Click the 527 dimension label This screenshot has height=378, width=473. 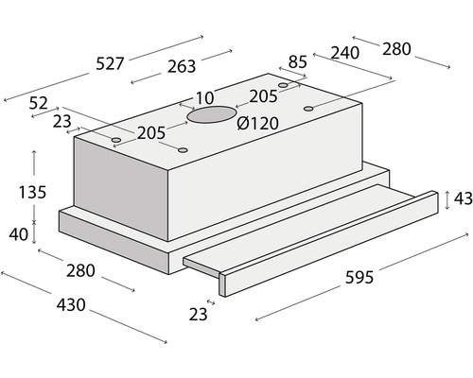click(110, 63)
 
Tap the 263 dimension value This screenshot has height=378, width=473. click(182, 66)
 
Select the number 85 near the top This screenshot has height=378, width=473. click(298, 61)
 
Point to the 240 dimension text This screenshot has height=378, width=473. click(345, 53)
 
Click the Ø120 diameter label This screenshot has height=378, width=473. click(257, 123)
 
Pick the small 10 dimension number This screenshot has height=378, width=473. click(205, 98)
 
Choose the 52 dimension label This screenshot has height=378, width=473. click(39, 103)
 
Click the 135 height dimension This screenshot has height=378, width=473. click(32, 192)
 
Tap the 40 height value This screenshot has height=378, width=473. click(19, 234)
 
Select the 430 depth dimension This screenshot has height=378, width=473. click(71, 305)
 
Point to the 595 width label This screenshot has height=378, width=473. click(359, 278)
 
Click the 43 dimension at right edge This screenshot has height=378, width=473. click(464, 198)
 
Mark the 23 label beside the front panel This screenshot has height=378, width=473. click(199, 315)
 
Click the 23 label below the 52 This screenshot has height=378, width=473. click(62, 122)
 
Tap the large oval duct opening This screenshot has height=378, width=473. click(212, 115)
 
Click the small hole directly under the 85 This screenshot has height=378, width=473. click(283, 85)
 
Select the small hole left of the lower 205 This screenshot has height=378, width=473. click(116, 140)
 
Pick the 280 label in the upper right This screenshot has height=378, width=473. click(396, 49)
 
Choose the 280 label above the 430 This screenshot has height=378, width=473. click(80, 270)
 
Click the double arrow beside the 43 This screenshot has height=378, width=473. click(447, 200)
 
